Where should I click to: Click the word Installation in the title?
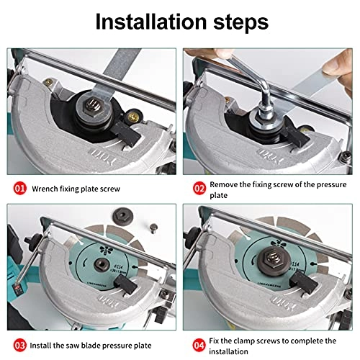151,22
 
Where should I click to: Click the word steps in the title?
240,23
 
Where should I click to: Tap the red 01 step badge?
19,189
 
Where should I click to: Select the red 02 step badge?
199,189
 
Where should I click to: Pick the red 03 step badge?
19,346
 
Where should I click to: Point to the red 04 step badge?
199,346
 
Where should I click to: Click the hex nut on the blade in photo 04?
274,259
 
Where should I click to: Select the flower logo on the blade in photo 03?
106,250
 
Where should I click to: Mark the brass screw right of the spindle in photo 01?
132,116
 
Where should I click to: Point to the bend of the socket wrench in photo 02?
264,87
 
